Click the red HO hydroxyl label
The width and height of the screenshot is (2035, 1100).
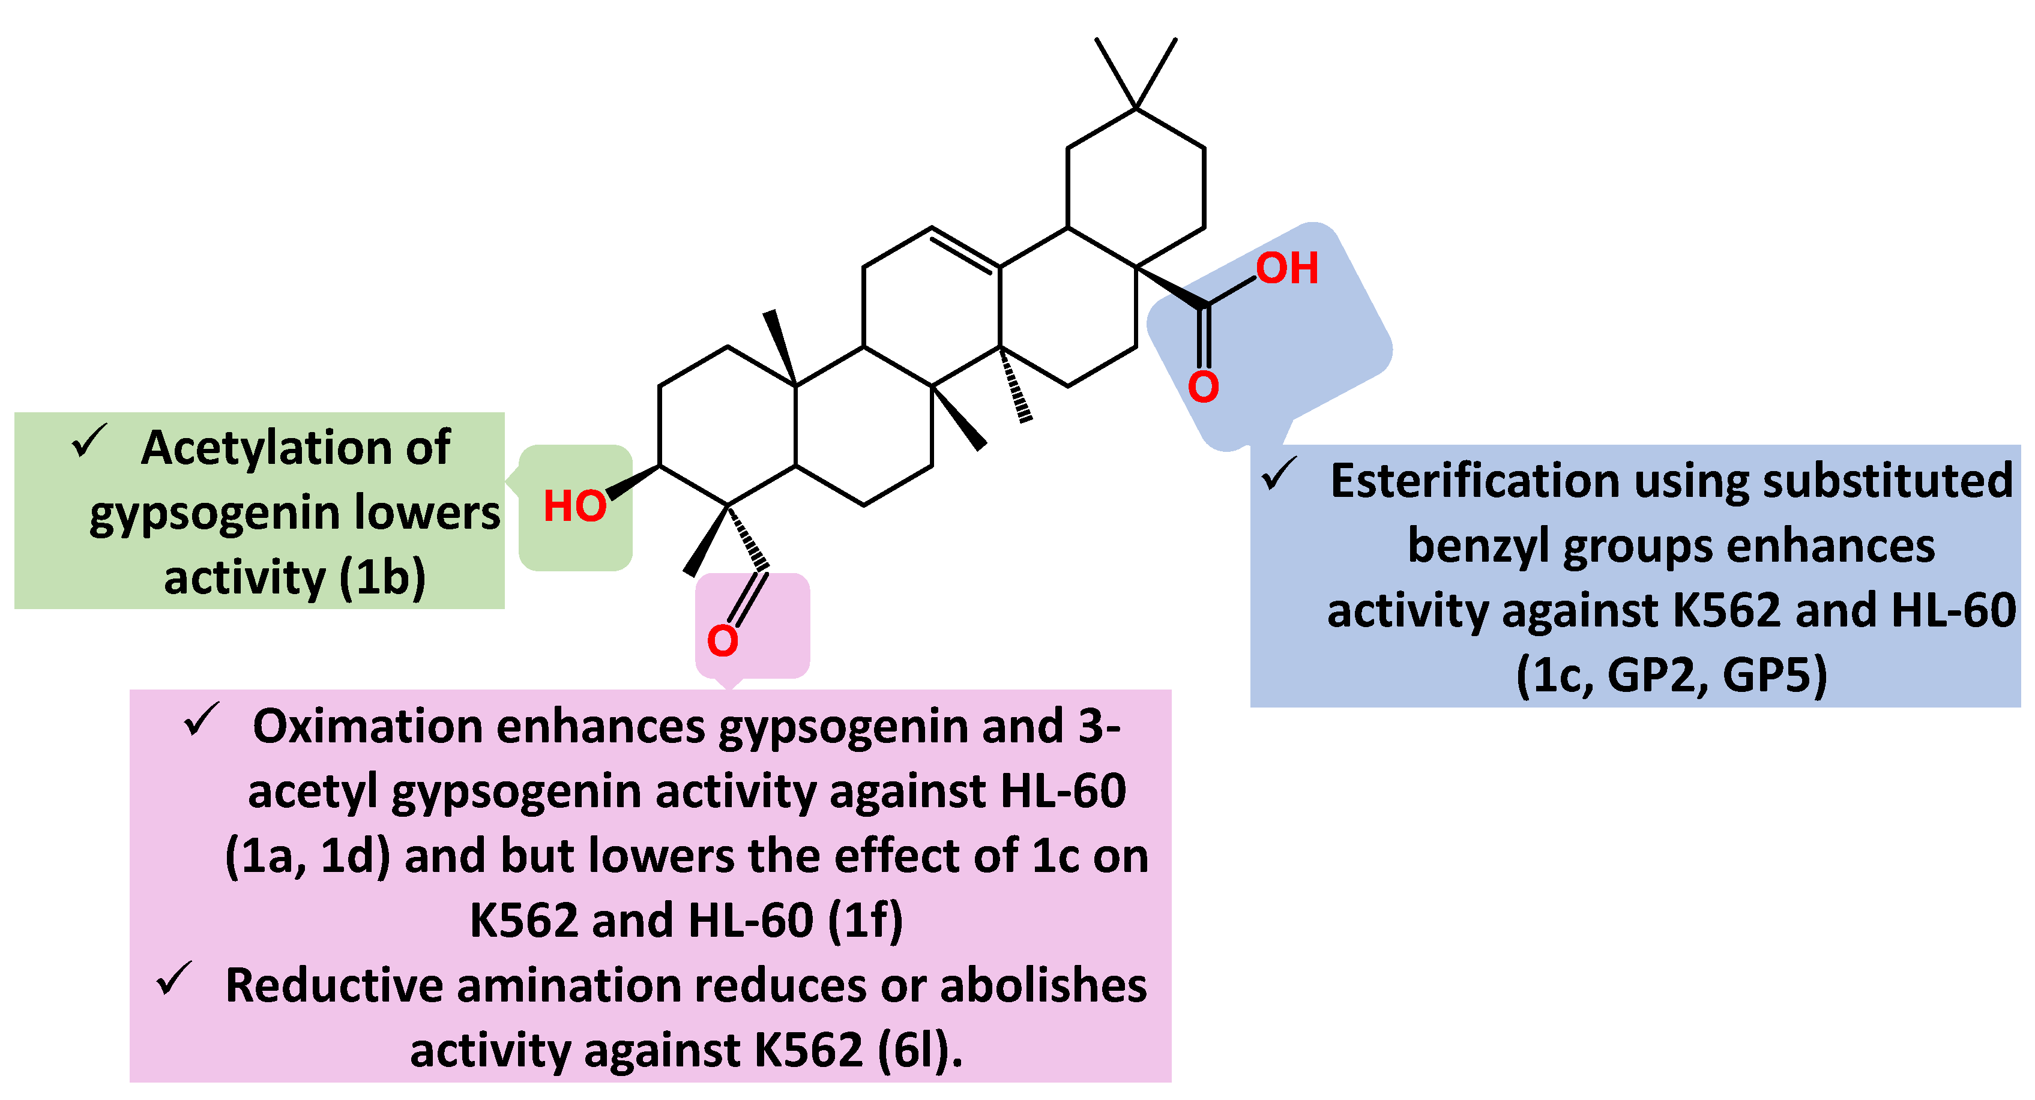coord(574,506)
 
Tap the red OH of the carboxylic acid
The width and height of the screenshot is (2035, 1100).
coord(1287,268)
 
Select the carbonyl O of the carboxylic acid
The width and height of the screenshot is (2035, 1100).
coord(1203,387)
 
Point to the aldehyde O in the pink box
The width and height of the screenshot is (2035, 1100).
coord(722,640)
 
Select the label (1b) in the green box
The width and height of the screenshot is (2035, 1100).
coord(383,577)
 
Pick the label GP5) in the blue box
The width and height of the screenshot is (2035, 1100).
coord(1774,675)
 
